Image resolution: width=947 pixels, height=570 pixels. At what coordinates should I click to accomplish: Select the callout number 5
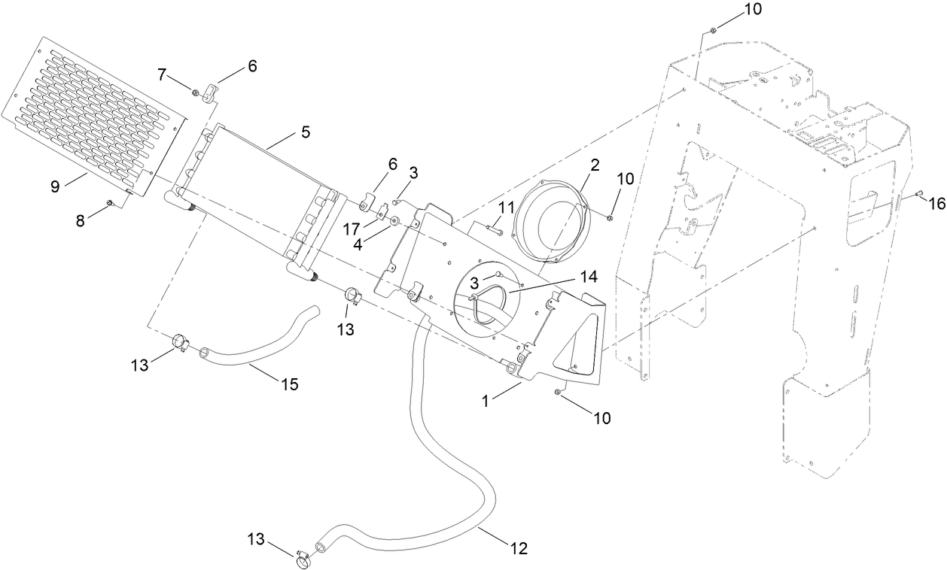[x=305, y=132]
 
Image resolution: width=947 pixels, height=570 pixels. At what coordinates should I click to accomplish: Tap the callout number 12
[x=519, y=548]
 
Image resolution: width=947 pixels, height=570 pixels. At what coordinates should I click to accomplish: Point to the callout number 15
[x=289, y=384]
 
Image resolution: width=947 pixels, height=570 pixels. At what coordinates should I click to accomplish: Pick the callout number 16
[x=936, y=203]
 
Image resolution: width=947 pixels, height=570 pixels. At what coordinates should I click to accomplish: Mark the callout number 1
[x=487, y=402]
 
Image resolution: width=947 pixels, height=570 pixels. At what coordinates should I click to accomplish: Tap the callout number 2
[x=594, y=165]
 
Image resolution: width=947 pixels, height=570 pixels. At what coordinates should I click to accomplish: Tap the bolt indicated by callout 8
[x=111, y=202]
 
